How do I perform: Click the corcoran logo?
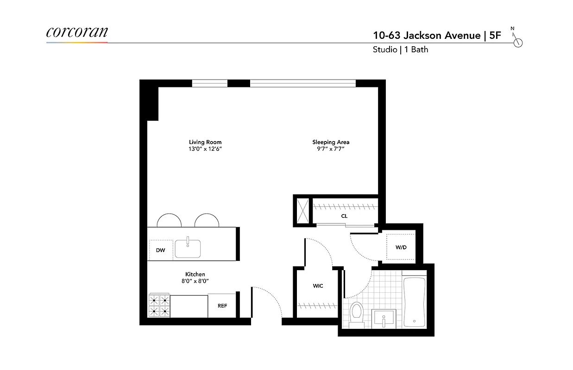(77, 32)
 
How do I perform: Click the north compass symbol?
(517, 42)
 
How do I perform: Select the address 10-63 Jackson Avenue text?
(427, 36)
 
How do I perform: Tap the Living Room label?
(205, 142)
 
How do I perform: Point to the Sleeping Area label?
(331, 142)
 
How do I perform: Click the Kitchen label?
(195, 274)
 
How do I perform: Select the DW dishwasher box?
(160, 250)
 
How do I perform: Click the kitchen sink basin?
(188, 249)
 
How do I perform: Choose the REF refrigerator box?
(222, 306)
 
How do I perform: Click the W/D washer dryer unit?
(401, 247)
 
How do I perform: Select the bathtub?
(414, 301)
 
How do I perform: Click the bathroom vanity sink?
(384, 319)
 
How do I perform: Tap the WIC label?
(318, 286)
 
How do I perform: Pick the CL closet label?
(344, 216)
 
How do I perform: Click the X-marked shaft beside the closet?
(303, 211)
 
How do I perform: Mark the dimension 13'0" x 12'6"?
(205, 149)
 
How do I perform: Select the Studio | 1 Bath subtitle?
(400, 49)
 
